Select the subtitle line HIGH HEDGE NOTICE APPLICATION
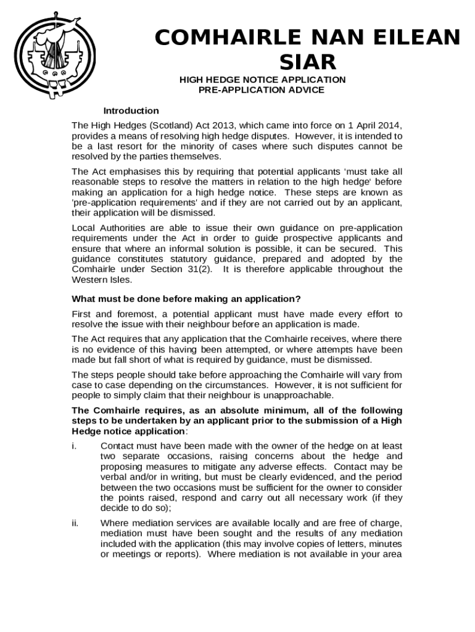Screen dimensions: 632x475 coord(262,80)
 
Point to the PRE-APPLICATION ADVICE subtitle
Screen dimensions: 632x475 coord(261,90)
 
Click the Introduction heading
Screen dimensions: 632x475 coord(131,111)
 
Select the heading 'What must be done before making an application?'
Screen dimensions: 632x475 coord(186,300)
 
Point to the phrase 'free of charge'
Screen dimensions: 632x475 coord(371,523)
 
